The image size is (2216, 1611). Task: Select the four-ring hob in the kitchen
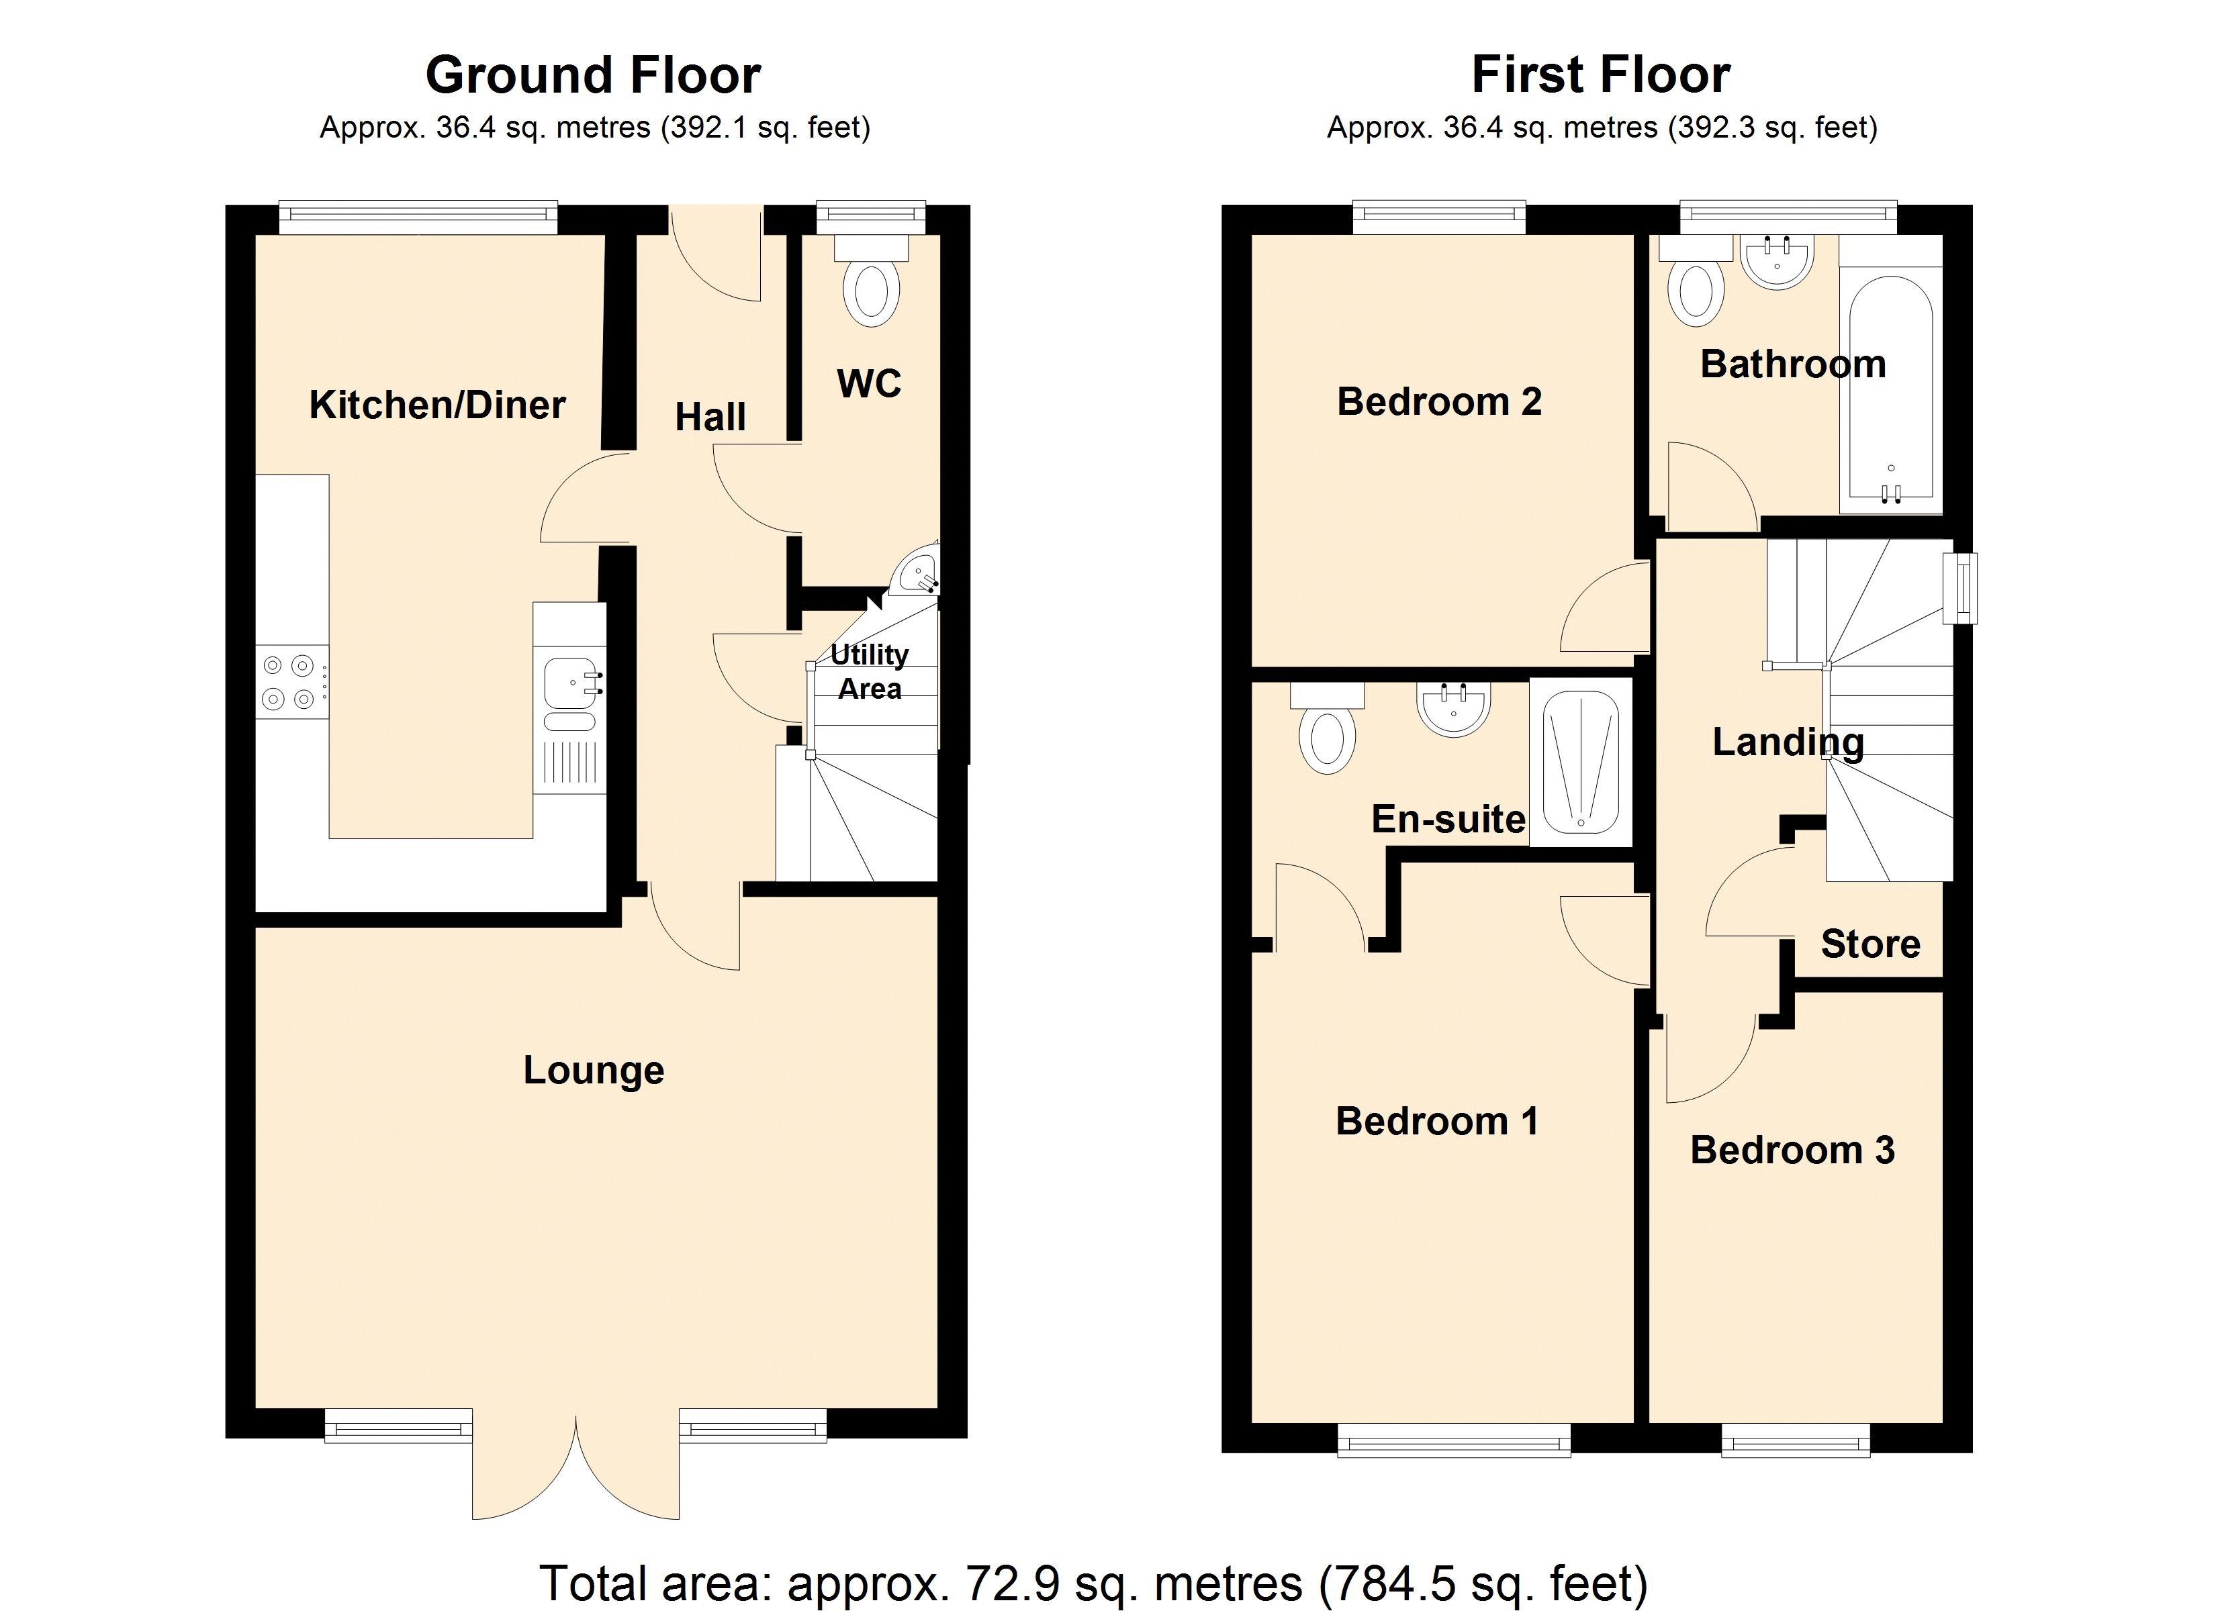click(x=289, y=682)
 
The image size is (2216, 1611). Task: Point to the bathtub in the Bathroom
click(x=1890, y=386)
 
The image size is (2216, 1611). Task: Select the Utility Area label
click(x=870, y=671)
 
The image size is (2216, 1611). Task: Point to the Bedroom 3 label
click(x=1792, y=1150)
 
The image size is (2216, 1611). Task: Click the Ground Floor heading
click(x=593, y=75)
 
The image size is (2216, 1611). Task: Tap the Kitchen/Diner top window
click(x=418, y=217)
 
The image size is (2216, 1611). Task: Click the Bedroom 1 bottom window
click(x=1453, y=1440)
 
